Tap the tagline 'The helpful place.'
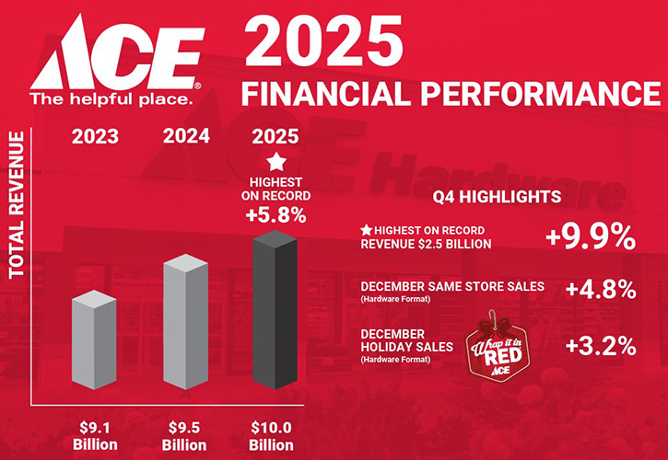click(x=111, y=97)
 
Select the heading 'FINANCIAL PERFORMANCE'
click(x=450, y=94)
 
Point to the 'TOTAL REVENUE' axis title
click(x=16, y=204)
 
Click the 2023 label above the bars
click(x=95, y=137)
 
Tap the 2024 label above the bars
click(x=186, y=137)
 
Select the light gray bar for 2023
click(x=94, y=342)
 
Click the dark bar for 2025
click(x=275, y=311)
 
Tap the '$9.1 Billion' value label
click(x=95, y=434)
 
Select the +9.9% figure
click(x=590, y=237)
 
